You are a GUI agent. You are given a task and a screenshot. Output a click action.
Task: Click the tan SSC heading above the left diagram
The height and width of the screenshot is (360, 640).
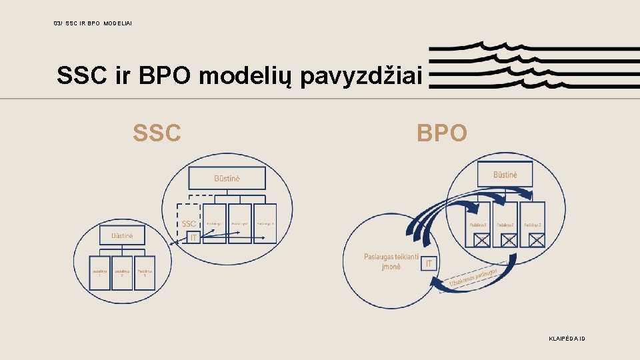coord(157,133)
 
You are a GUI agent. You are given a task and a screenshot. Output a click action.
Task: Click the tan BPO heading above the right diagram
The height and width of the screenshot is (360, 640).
coord(442,133)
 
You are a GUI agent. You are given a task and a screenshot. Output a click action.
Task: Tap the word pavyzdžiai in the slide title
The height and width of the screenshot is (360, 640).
coord(361,77)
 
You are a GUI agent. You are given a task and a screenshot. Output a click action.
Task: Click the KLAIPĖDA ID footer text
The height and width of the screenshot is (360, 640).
coord(566,339)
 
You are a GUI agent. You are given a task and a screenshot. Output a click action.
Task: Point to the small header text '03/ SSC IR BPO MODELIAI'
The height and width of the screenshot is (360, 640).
coord(93,23)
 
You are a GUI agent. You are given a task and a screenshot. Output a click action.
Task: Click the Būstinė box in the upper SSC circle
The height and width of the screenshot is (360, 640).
coord(227,178)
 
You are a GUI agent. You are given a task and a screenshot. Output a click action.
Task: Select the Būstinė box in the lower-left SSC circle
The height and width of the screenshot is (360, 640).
coord(122,235)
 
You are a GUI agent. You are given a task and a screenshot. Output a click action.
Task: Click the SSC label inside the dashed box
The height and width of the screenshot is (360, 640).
coord(189,223)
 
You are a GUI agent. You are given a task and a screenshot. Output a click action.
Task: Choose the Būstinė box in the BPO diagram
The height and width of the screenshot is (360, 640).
coord(505,175)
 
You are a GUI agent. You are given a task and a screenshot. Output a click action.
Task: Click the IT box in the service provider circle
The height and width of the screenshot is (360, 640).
coord(429,264)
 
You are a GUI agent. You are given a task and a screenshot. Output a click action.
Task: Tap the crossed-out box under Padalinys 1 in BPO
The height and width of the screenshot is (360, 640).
coord(481,239)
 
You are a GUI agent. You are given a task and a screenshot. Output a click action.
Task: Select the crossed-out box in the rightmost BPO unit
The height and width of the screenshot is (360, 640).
coord(535,239)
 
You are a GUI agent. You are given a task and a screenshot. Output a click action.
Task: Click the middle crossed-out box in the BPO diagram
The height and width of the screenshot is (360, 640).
coord(508,239)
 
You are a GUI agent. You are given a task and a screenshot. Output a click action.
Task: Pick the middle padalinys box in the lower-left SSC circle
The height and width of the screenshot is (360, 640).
coord(122,272)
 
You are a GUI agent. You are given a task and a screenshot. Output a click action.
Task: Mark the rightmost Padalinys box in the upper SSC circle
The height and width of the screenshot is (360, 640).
coord(265,223)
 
